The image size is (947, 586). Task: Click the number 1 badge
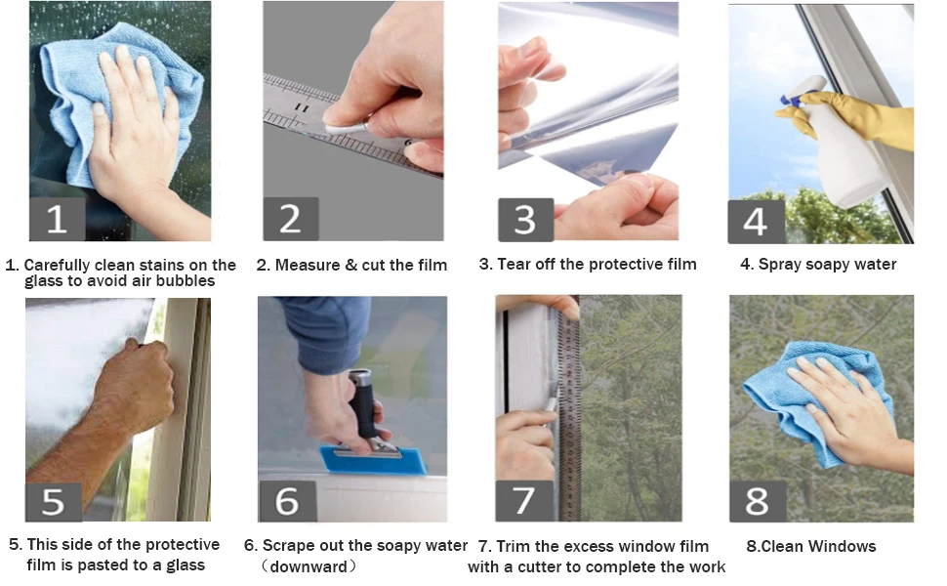(x=58, y=219)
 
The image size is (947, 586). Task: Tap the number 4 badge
(x=757, y=221)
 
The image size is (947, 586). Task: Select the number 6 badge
(x=287, y=501)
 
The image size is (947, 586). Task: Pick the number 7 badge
(x=523, y=501)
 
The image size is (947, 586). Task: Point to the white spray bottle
(x=843, y=151)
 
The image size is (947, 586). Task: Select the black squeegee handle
(x=365, y=403)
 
